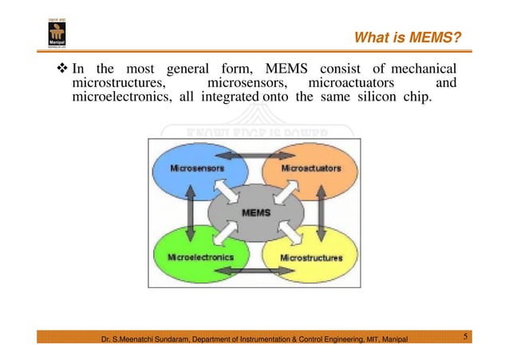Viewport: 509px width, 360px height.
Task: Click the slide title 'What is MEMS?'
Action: point(407,38)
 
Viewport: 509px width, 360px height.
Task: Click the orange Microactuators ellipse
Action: point(314,169)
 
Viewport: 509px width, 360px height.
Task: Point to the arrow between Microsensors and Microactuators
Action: point(254,154)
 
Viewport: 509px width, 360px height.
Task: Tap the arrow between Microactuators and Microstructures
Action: point(321,214)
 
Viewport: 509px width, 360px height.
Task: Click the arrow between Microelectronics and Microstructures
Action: point(254,271)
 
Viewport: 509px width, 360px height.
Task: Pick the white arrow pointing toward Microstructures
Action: point(282,234)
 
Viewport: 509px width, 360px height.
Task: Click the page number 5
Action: point(465,338)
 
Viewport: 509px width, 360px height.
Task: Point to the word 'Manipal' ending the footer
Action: point(392,340)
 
